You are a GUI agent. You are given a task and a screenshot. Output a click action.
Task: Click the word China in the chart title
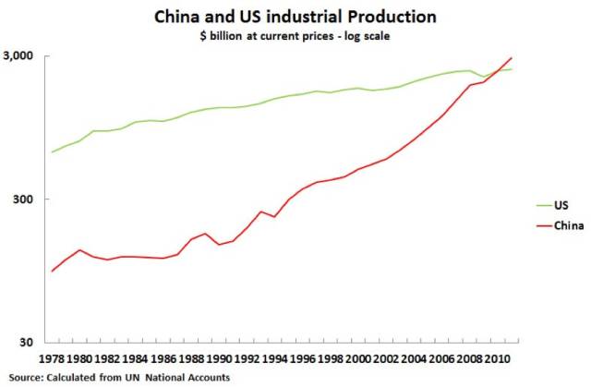coord(176,17)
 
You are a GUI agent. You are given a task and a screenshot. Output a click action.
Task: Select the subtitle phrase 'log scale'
coord(367,36)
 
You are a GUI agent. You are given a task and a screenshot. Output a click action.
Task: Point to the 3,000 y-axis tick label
coord(18,55)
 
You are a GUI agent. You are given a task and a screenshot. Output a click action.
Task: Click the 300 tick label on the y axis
coord(23,199)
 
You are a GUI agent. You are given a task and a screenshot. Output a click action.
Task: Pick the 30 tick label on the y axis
coord(27,342)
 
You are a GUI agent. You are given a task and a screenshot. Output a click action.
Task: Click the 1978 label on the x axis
coord(52,358)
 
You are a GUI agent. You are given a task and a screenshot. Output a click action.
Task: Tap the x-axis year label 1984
coord(136,358)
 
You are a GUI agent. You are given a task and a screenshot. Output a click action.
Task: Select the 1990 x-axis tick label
coord(219,358)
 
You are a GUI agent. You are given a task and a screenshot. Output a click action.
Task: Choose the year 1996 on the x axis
coord(302,358)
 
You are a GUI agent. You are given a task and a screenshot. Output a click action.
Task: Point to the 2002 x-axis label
coord(386,358)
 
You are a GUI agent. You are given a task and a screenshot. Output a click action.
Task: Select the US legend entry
coord(552,205)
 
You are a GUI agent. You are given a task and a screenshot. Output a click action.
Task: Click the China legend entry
coord(561,225)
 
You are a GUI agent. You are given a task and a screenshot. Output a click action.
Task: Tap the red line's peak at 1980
coord(80,249)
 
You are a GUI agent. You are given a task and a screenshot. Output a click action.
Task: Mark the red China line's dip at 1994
coord(274,217)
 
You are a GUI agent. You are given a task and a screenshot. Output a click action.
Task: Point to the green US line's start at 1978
coord(52,151)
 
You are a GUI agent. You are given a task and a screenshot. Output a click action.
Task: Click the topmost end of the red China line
coord(511,58)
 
